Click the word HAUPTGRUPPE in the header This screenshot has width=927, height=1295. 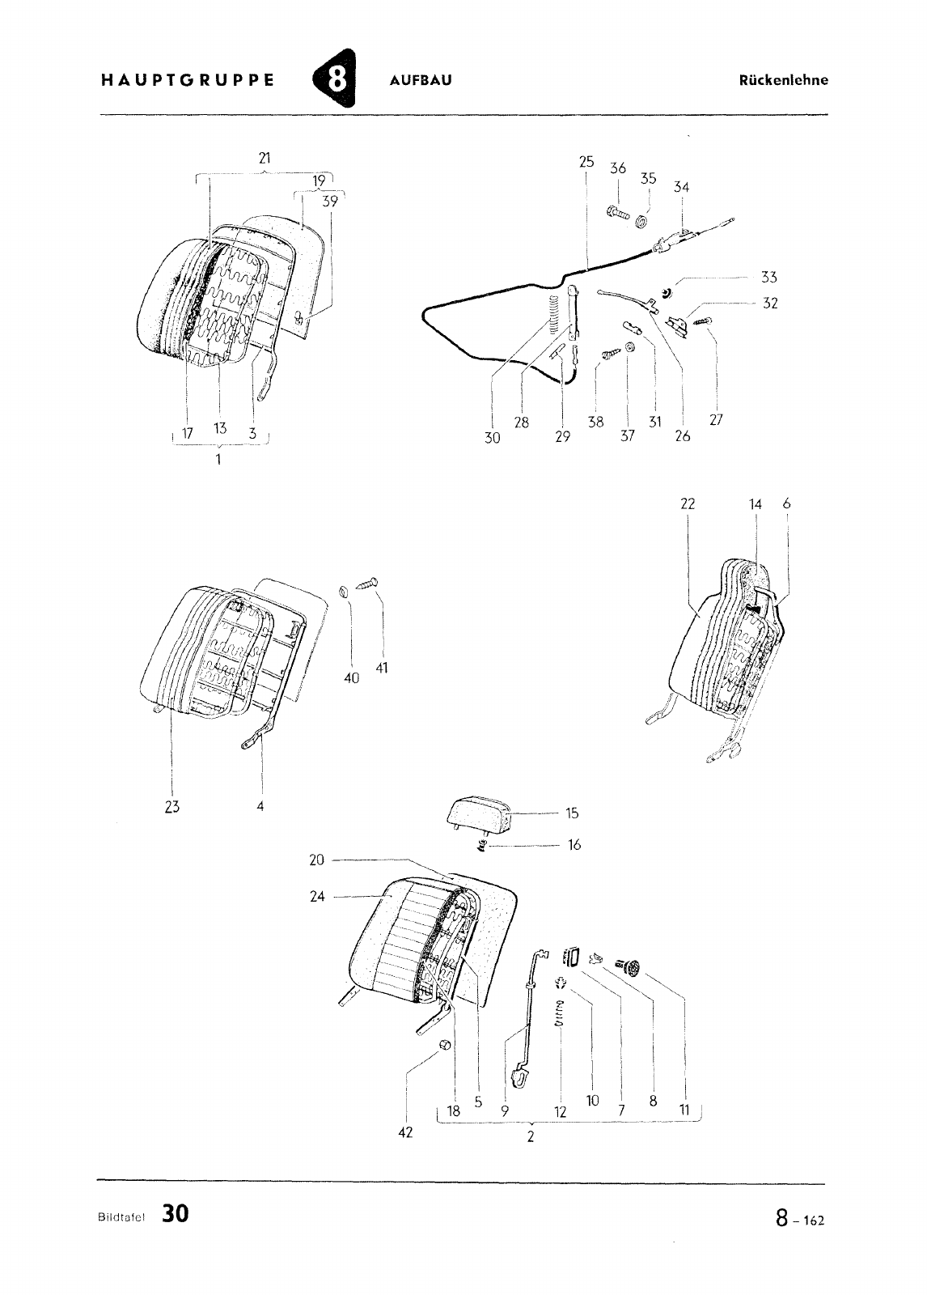pyautogui.click(x=187, y=80)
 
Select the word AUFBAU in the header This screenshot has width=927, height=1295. pyautogui.click(x=421, y=80)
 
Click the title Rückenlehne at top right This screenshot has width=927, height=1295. pyautogui.click(x=783, y=80)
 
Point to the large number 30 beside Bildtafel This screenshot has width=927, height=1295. pyautogui.click(x=175, y=1213)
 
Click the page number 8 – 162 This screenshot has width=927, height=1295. pyautogui.click(x=800, y=1218)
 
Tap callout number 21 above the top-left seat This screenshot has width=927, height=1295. pyautogui.click(x=265, y=158)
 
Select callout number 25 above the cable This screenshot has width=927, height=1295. pyautogui.click(x=586, y=162)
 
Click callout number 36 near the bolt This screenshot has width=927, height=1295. pyautogui.click(x=618, y=168)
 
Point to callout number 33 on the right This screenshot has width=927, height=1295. pyautogui.click(x=768, y=278)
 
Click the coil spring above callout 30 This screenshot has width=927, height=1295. pyautogui.click(x=553, y=315)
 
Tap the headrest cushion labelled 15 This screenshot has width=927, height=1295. pyautogui.click(x=479, y=814)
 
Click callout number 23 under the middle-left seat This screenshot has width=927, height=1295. pyautogui.click(x=172, y=806)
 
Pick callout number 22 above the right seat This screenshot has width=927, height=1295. pyautogui.click(x=688, y=504)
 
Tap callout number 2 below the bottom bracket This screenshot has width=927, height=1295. pyautogui.click(x=531, y=1136)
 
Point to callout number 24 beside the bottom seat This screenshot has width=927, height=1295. pyautogui.click(x=317, y=897)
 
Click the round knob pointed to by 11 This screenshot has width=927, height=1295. pyautogui.click(x=632, y=966)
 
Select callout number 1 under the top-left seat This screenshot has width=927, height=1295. pyautogui.click(x=218, y=460)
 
